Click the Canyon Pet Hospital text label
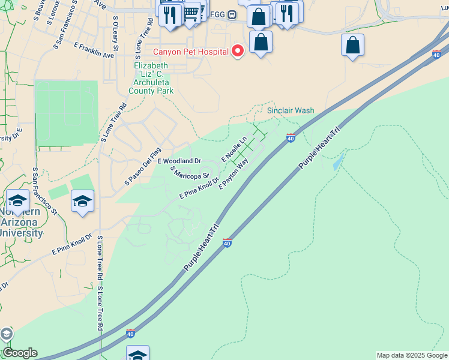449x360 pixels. pyautogui.click(x=191, y=52)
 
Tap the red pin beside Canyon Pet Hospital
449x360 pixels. pyautogui.click(x=238, y=51)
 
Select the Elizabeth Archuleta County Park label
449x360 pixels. pyautogui.click(x=151, y=78)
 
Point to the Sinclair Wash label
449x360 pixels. pyautogui.click(x=291, y=111)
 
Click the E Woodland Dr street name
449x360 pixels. pyautogui.click(x=179, y=161)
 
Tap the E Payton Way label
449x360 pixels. pyautogui.click(x=234, y=175)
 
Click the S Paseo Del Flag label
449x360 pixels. pyautogui.click(x=143, y=166)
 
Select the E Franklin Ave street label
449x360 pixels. pyautogui.click(x=94, y=50)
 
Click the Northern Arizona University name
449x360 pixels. pyautogui.click(x=21, y=223)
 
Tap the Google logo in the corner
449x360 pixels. pyautogui.click(x=20, y=353)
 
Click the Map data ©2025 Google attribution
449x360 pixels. pyautogui.click(x=411, y=355)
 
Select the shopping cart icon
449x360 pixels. pyautogui.click(x=190, y=12)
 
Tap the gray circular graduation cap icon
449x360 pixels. pyautogui.click(x=5, y=334)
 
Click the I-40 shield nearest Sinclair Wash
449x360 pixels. pyautogui.click(x=291, y=138)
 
